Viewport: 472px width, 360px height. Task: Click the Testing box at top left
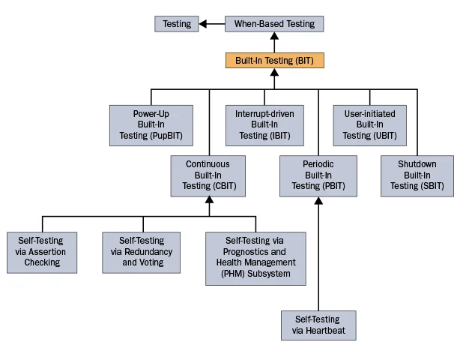(177, 24)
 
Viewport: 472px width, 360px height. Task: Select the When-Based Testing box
(274, 24)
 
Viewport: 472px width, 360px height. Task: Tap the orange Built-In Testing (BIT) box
(274, 60)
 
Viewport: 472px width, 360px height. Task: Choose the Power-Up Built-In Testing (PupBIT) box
(151, 125)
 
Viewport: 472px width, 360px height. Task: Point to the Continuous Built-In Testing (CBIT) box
(208, 175)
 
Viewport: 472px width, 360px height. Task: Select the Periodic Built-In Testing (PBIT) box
(318, 175)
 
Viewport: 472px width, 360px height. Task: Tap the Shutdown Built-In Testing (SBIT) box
(417, 175)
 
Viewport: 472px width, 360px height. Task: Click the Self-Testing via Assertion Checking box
(41, 252)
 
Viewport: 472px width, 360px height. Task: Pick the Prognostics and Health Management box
(256, 258)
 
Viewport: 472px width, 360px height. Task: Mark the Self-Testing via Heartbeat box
(318, 325)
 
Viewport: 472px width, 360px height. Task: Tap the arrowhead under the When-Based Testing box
(274, 37)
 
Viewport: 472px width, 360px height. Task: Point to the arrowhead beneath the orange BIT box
(274, 73)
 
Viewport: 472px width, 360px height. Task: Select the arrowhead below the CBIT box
(209, 201)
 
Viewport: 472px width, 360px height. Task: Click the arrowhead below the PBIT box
(318, 201)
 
